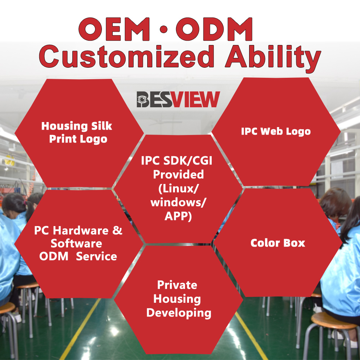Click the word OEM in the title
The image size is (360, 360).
click(x=114, y=29)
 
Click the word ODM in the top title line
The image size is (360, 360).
click(x=214, y=29)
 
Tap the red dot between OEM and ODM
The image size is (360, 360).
click(x=163, y=30)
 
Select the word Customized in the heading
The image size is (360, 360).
click(x=126, y=57)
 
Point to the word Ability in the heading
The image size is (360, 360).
click(x=273, y=59)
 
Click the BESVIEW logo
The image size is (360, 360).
click(x=178, y=99)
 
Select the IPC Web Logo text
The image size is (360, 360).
click(x=276, y=131)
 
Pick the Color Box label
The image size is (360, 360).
click(x=278, y=243)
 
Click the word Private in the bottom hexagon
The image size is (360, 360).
click(x=177, y=285)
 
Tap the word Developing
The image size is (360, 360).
click(x=179, y=313)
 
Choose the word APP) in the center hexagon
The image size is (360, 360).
click(x=178, y=216)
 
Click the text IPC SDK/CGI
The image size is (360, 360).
click(x=176, y=161)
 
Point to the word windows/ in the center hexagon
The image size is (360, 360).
click(x=178, y=202)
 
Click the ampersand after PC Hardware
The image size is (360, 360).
click(x=117, y=230)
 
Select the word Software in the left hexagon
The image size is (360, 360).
click(x=76, y=243)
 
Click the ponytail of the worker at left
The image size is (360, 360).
click(x=30, y=211)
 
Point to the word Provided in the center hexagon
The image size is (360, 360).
click(x=179, y=175)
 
